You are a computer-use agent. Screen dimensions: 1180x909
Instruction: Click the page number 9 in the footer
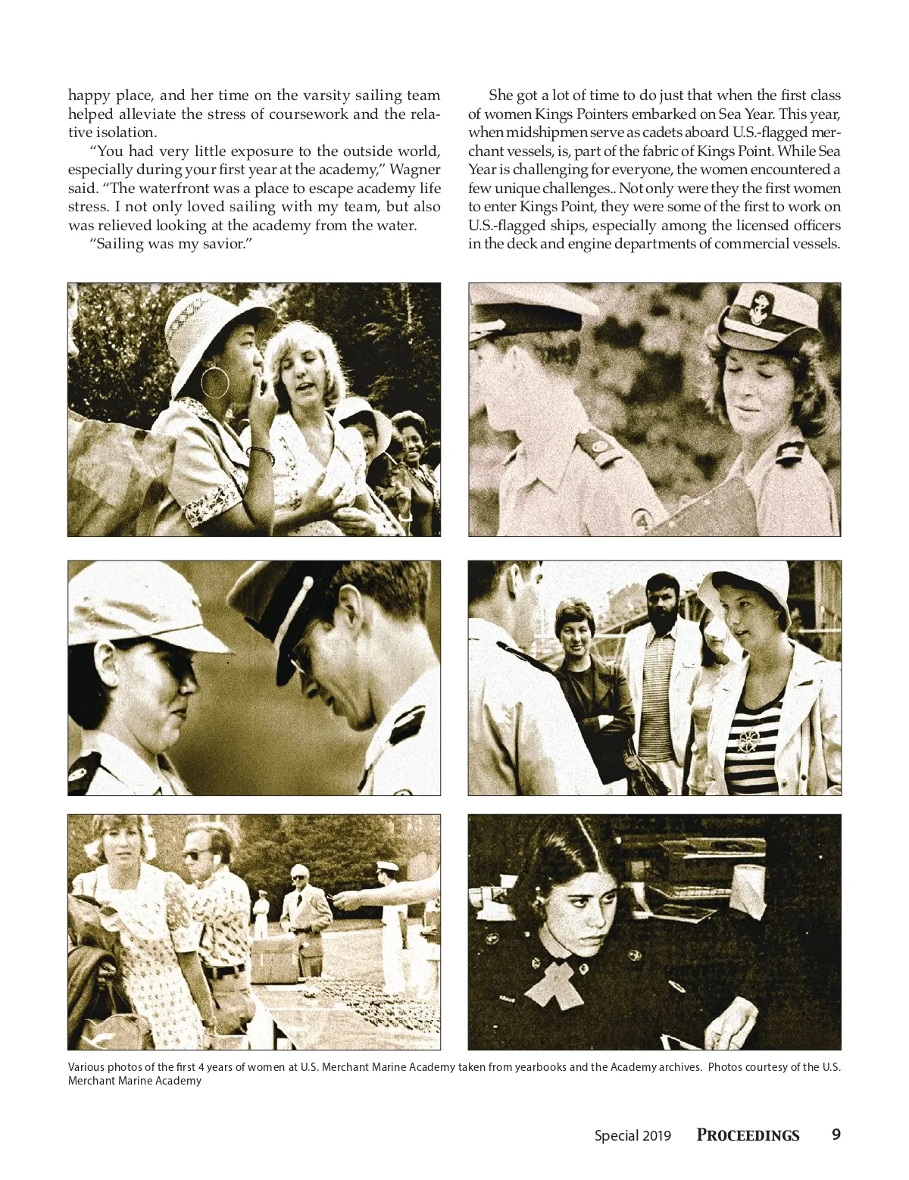[836, 1134]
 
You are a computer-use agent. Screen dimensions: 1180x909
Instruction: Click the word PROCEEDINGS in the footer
[748, 1135]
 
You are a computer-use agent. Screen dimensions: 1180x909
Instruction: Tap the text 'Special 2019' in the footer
[633, 1135]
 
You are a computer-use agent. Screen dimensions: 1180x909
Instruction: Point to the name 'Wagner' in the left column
[414, 170]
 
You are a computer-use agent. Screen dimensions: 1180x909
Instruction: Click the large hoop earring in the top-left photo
[214, 382]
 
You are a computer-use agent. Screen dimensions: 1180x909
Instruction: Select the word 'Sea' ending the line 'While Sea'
[829, 151]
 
